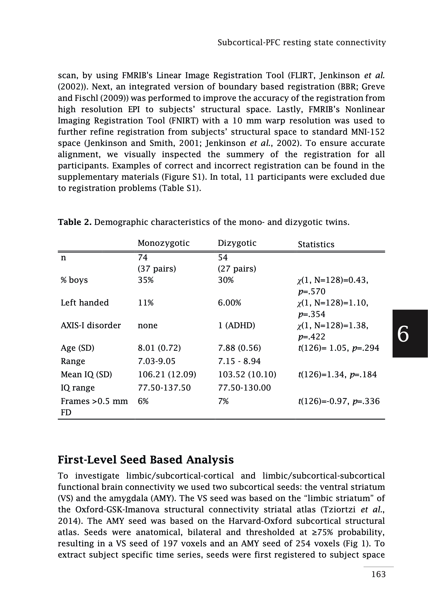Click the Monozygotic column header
163,243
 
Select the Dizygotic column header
237,243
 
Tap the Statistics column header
316,244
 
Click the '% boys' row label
74,280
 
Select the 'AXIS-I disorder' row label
91,325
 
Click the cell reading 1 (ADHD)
236,325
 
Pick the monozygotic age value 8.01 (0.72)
159,348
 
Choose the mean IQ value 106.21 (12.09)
167,374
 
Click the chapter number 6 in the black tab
403,334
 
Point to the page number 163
378,574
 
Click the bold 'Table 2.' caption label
74,222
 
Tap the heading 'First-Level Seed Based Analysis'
146,460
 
